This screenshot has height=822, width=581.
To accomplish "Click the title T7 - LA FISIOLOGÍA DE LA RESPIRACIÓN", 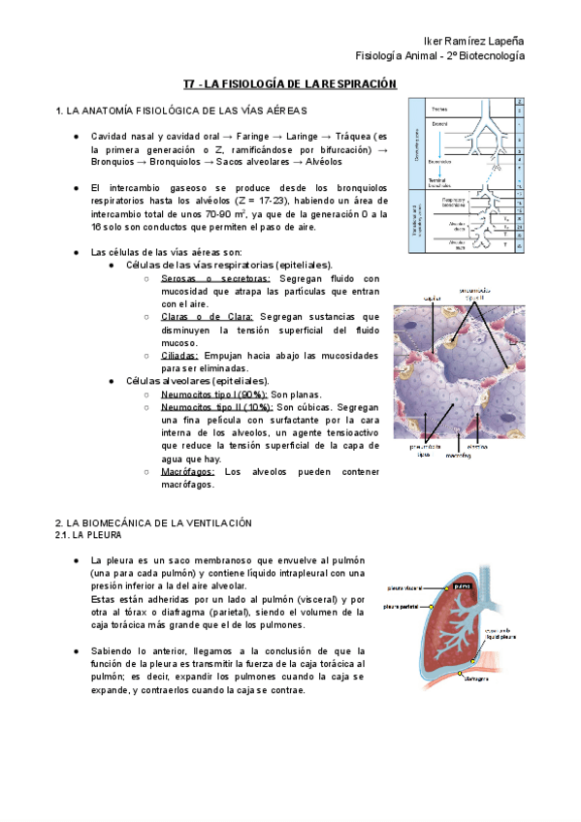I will point(290,85).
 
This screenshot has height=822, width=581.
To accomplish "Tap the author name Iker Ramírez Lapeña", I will point(480,41).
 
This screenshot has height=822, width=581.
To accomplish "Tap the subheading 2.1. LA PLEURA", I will point(88,534).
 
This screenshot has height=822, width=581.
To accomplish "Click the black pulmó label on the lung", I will point(463,585).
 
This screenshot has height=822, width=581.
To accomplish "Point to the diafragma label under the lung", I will point(474,679).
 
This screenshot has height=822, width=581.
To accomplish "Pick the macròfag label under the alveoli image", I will point(445,456).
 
